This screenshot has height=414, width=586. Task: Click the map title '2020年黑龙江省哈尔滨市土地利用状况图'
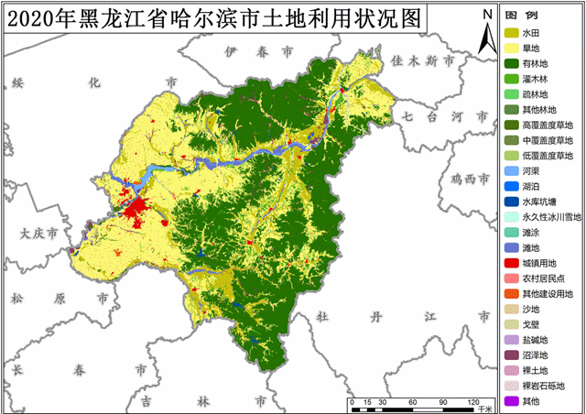[x=215, y=18]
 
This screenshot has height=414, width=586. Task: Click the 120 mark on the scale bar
[x=473, y=401]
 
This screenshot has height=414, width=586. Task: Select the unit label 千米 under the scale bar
[x=484, y=409]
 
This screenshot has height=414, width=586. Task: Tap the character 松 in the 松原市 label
[x=16, y=299]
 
